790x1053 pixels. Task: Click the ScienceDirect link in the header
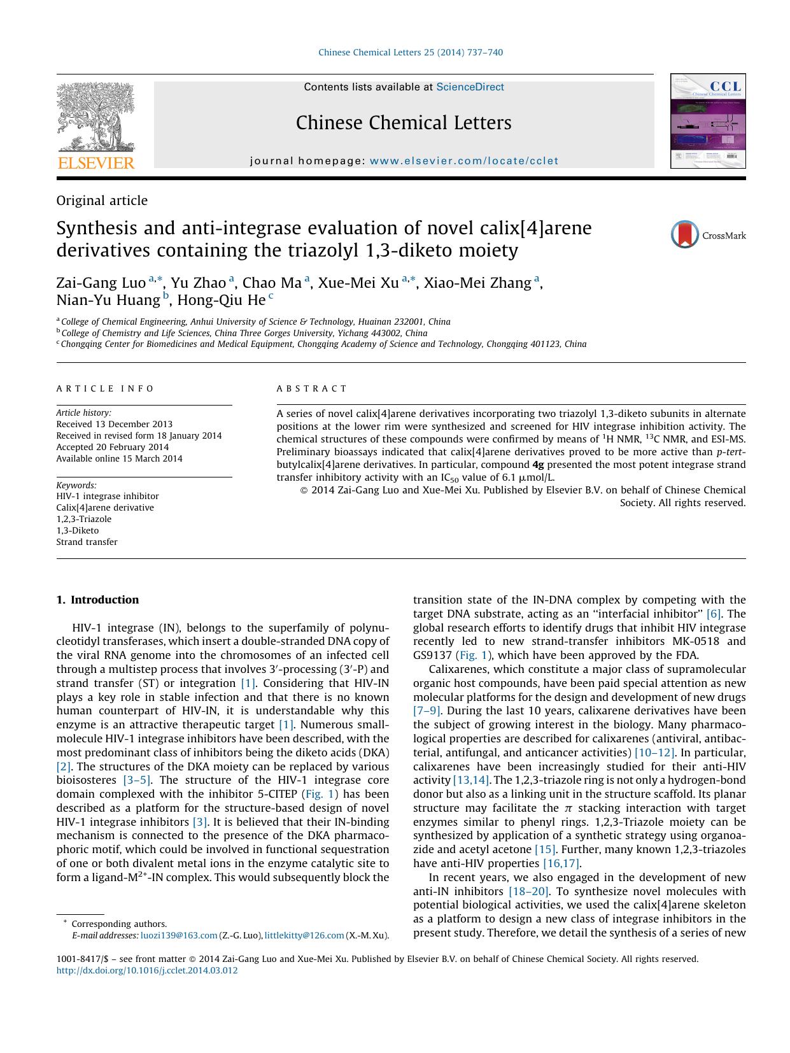[x=470, y=87]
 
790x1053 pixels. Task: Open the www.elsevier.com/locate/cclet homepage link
[x=463, y=161]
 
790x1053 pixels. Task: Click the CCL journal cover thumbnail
[x=707, y=121]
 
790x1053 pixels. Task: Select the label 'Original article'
[x=102, y=201]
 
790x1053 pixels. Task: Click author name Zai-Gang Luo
[x=101, y=283]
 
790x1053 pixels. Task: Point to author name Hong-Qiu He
[x=221, y=300]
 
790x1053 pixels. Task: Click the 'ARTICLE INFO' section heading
[x=105, y=388]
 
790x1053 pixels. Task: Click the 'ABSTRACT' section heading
[x=312, y=388]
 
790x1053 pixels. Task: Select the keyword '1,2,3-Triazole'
[x=83, y=519]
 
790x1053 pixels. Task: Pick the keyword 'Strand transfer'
[x=87, y=542]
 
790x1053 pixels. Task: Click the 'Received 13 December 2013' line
[x=114, y=424]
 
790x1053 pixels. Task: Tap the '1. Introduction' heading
[x=97, y=600]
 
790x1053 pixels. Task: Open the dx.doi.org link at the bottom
[x=147, y=970]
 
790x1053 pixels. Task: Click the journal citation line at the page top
[x=410, y=52]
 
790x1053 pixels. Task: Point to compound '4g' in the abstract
[x=538, y=465]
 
